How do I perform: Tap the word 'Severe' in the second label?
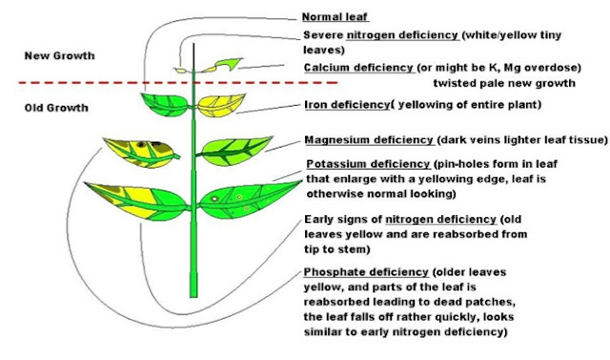(321, 36)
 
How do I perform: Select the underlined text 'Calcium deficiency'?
(358, 68)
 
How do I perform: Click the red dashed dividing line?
(95, 84)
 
